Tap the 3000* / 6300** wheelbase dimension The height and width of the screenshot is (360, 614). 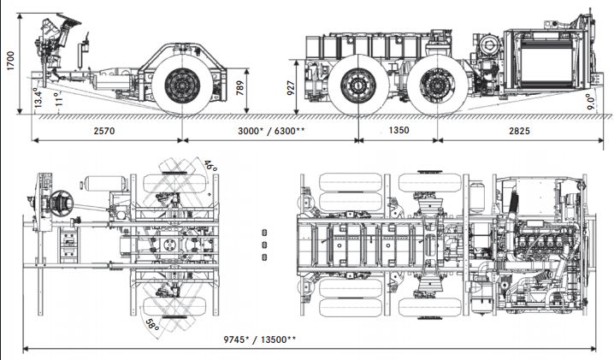[x=269, y=131]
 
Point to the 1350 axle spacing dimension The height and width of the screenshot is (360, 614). [x=398, y=131]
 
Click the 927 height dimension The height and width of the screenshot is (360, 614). [x=292, y=89]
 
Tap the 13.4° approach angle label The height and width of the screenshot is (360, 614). [x=38, y=97]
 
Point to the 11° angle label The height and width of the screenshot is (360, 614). [x=59, y=99]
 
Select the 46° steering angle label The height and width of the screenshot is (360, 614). [x=210, y=164]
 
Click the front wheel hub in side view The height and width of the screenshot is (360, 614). [x=182, y=84]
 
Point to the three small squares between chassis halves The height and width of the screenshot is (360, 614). [x=264, y=244]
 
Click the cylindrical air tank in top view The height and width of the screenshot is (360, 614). [x=103, y=183]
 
